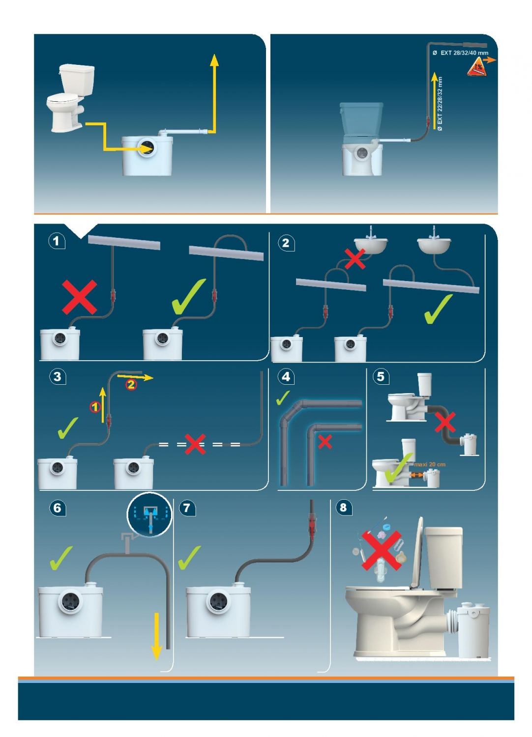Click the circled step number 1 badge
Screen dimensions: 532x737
57,241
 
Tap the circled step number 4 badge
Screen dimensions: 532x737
286,376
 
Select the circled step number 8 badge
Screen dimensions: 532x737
343,508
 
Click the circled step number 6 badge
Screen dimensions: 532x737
58,508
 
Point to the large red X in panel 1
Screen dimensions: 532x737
80,297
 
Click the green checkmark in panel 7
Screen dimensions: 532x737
189,557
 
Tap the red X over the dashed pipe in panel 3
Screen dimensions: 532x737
195,444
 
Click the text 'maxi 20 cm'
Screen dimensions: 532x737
430,464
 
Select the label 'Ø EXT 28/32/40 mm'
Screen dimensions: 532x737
461,53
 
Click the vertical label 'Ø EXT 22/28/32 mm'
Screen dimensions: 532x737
440,104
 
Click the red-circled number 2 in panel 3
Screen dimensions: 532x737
131,384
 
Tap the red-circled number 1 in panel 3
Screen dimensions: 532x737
95,407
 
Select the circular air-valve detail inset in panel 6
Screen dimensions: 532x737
150,514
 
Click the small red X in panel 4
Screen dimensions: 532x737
325,442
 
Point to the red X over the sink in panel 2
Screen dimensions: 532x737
355,258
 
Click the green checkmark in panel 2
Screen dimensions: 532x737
438,309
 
